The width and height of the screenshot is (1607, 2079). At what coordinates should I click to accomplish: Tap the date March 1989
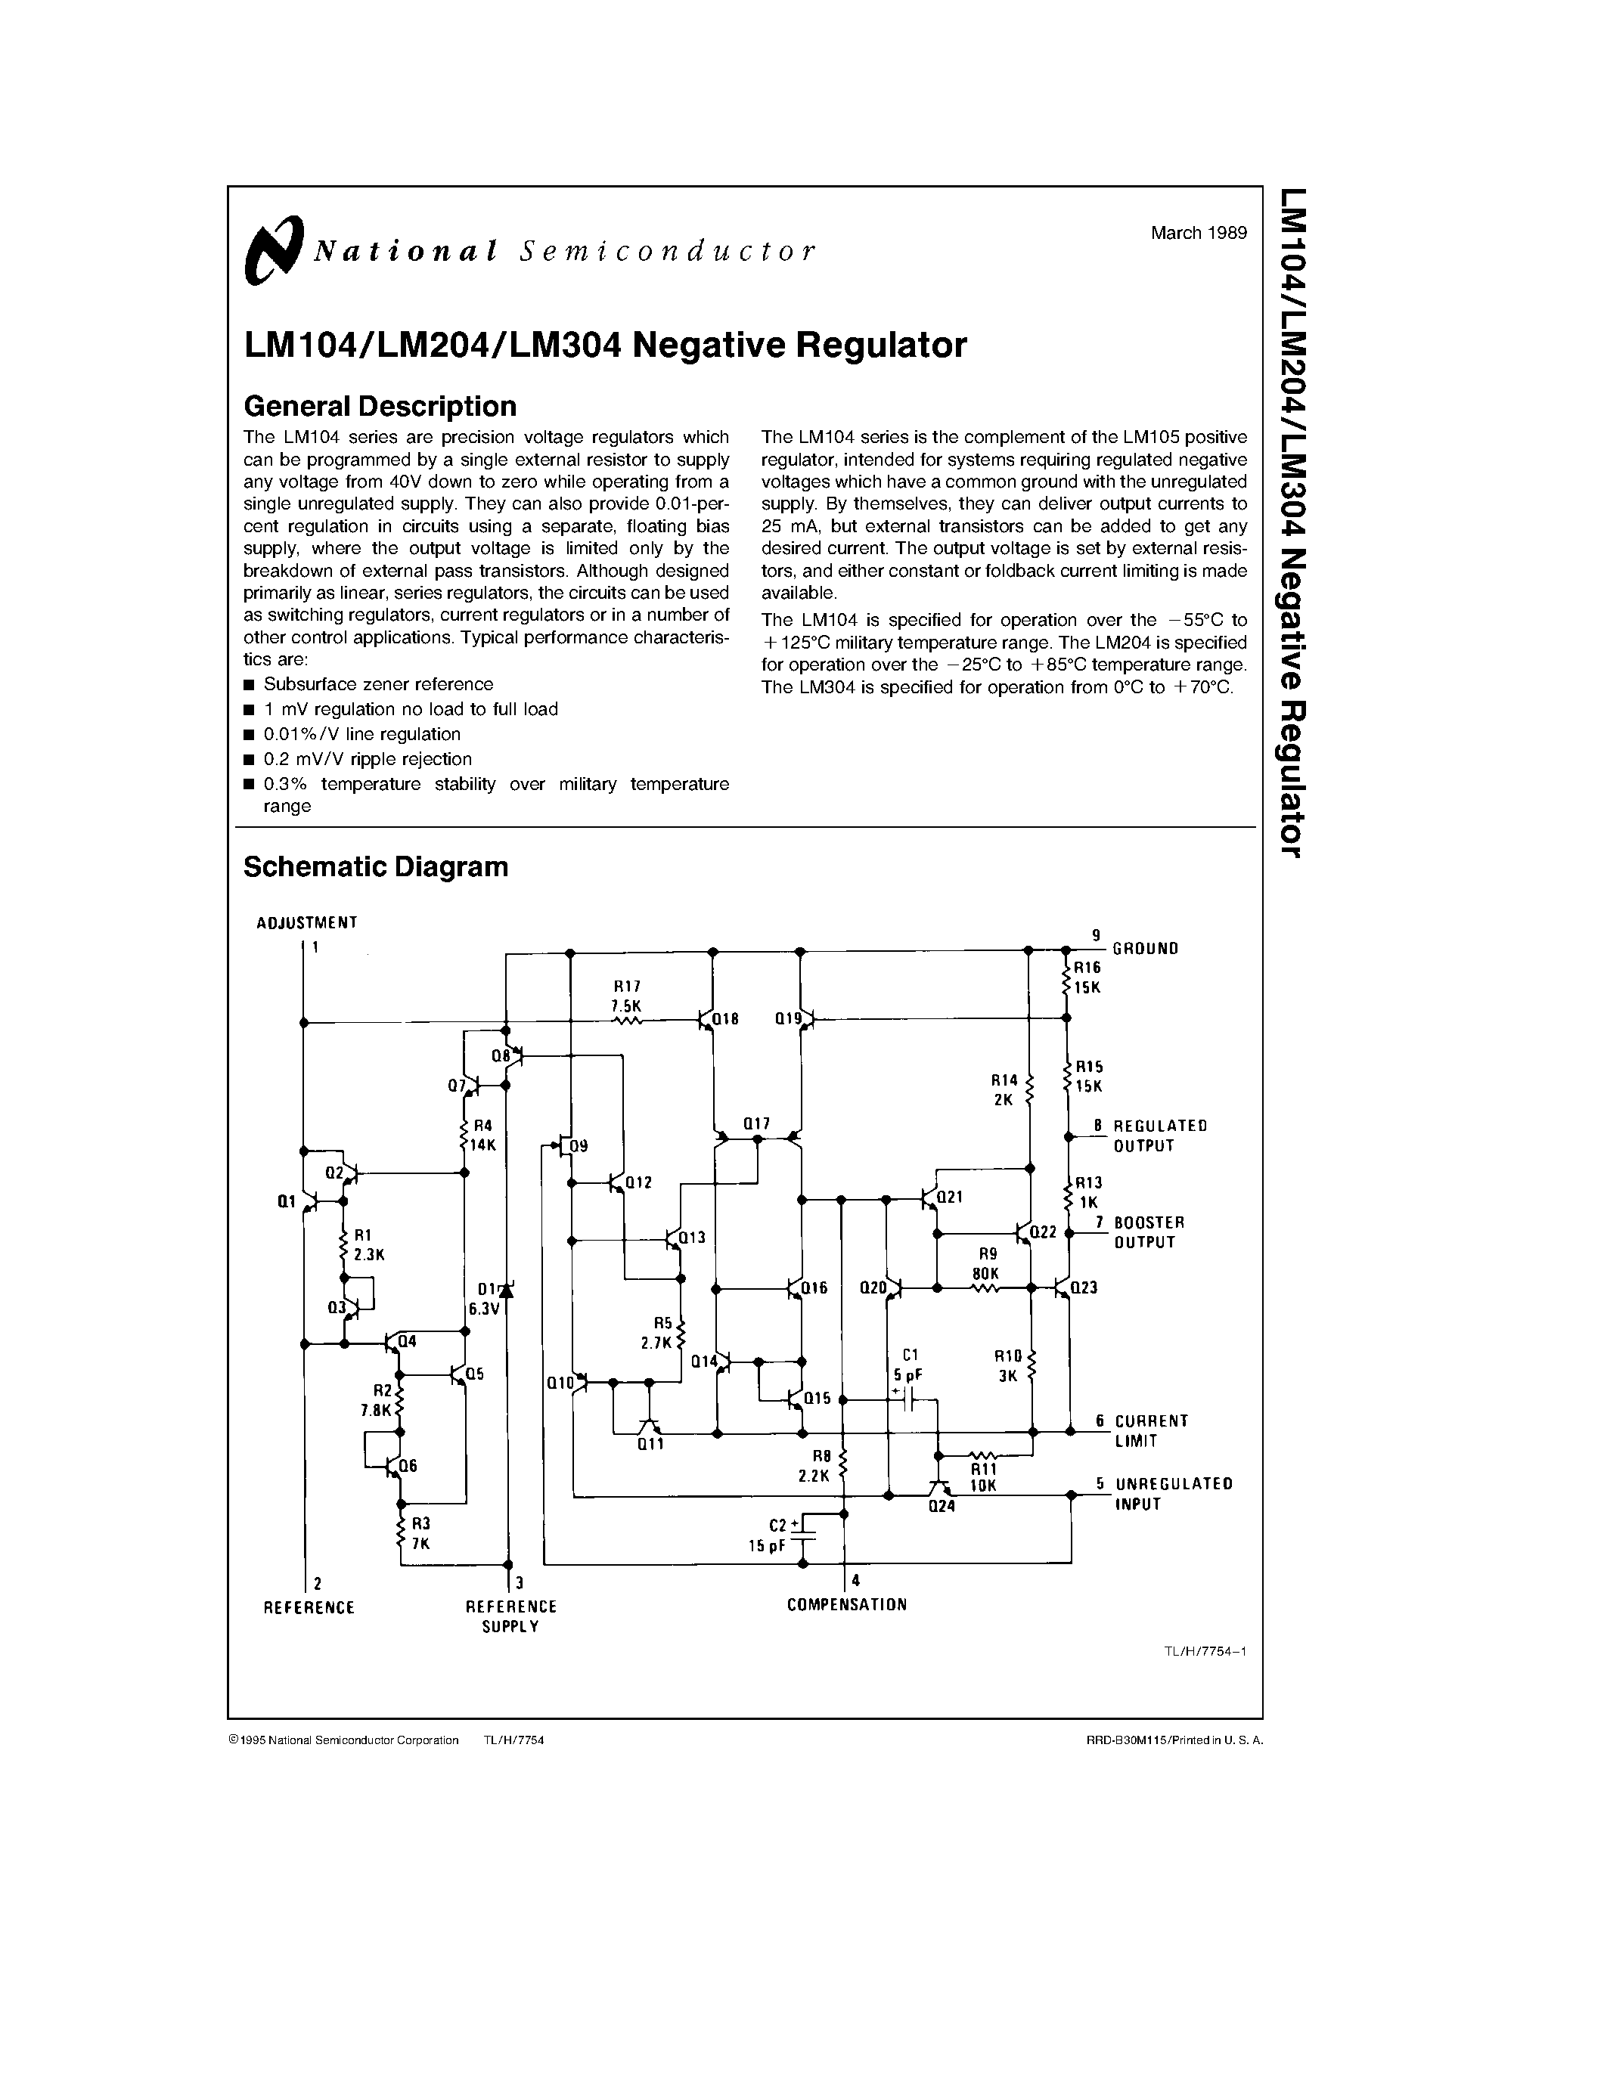(x=1198, y=233)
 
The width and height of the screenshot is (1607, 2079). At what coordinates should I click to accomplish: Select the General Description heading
(x=380, y=407)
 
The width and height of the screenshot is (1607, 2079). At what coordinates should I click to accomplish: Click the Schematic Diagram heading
(x=375, y=867)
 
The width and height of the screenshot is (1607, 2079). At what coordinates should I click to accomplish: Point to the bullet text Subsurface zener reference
(x=378, y=684)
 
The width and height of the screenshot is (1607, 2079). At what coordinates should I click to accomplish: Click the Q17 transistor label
(x=757, y=1124)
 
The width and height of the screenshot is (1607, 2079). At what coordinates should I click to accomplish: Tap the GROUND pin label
(x=1145, y=948)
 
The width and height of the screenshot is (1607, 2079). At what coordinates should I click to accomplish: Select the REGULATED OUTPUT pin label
(x=1159, y=1136)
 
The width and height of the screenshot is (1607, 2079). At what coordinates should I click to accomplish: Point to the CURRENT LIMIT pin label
(x=1151, y=1431)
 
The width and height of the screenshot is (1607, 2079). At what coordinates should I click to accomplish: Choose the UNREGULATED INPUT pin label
(x=1173, y=1494)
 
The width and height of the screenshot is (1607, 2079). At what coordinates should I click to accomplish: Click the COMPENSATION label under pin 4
(x=846, y=1605)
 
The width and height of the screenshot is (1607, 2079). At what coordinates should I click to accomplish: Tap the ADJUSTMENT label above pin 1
(x=306, y=922)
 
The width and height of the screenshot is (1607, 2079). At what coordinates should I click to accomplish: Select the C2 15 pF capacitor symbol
(x=805, y=1535)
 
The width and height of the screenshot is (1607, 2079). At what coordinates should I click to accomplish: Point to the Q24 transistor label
(x=941, y=1507)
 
